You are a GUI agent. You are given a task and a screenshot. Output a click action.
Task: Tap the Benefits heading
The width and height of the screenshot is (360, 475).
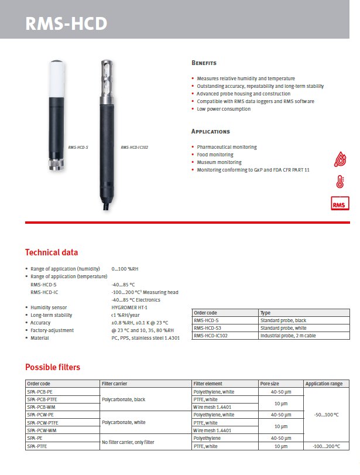204,63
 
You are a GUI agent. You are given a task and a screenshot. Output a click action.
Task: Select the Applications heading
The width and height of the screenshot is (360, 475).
211,132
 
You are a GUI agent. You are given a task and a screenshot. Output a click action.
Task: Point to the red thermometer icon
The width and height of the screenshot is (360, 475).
340,182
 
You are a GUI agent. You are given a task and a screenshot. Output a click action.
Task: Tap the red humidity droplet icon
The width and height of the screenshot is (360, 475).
340,159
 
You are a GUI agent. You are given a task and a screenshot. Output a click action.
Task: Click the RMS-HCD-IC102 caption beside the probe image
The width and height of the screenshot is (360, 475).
135,148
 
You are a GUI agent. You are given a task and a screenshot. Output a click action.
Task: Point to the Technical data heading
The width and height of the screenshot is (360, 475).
52,252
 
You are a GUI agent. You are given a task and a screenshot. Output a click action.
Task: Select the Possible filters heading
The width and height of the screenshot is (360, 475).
53,367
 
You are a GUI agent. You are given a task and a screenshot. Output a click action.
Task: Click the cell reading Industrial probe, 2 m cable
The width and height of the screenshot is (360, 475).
287,336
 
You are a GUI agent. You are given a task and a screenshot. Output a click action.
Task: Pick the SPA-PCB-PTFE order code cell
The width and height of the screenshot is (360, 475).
42,399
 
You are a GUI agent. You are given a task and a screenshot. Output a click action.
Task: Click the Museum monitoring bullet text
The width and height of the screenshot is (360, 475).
219,162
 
